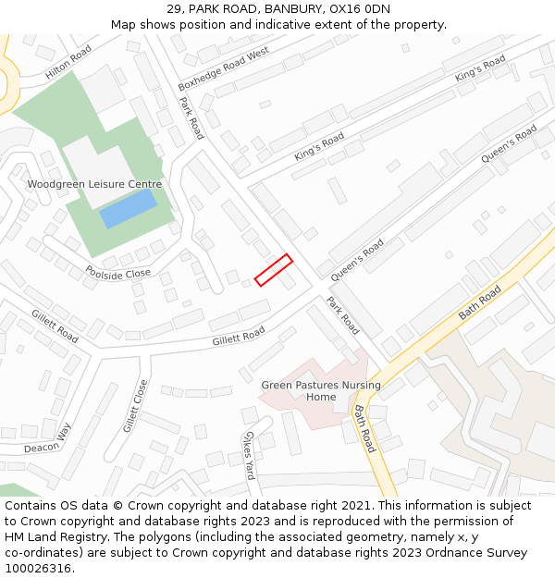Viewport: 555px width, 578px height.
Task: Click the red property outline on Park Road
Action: click(x=273, y=269)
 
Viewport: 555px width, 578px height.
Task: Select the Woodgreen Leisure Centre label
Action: click(x=94, y=184)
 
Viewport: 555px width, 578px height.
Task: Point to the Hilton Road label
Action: click(x=70, y=62)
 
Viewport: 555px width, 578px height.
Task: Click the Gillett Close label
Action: click(x=135, y=406)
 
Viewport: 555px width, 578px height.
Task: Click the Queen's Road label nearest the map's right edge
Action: click(x=509, y=145)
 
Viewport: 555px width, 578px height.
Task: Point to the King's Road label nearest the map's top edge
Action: click(x=480, y=68)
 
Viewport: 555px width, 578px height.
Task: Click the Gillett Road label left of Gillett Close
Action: click(x=55, y=326)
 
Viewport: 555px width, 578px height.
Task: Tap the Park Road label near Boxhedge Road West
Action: click(x=191, y=118)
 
